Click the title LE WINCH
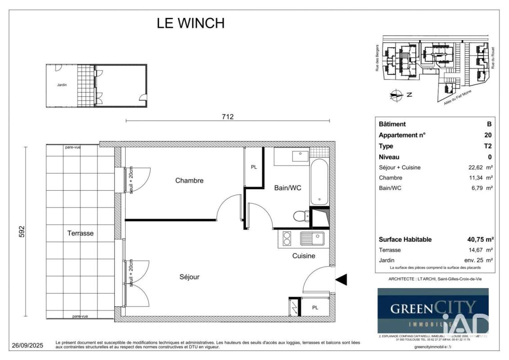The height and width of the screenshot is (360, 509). tap(190, 23)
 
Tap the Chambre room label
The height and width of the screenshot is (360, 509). tap(189, 180)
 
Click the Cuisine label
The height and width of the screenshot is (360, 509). tap(304, 256)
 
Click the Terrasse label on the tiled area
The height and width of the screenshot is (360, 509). tap(81, 233)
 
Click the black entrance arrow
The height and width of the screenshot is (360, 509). tap(342, 280)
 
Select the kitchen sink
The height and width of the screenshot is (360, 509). tap(312, 238)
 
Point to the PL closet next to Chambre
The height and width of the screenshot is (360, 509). tap(253, 167)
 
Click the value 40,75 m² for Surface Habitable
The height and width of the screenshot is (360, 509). tap(480, 239)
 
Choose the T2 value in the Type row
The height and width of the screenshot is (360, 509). tap(487, 146)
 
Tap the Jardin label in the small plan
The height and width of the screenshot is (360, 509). tap(62, 85)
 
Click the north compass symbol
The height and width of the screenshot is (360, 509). tap(396, 94)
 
